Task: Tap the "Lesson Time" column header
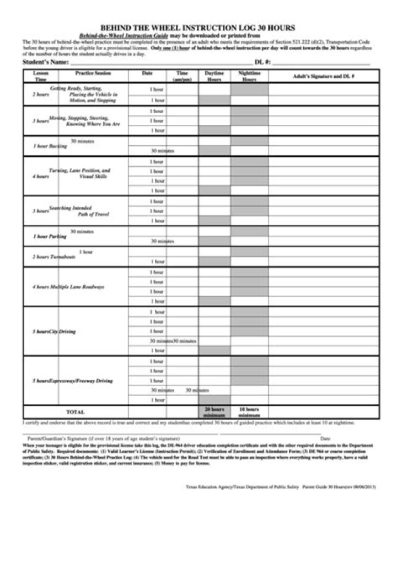[41, 76]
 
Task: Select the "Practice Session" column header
[93, 73]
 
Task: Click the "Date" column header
[147, 73]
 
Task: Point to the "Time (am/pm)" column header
[182, 76]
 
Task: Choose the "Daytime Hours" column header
[214, 76]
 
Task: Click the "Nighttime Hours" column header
[249, 76]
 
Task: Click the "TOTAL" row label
[75, 412]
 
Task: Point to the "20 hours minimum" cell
[214, 412]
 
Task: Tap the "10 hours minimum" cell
[249, 412]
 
